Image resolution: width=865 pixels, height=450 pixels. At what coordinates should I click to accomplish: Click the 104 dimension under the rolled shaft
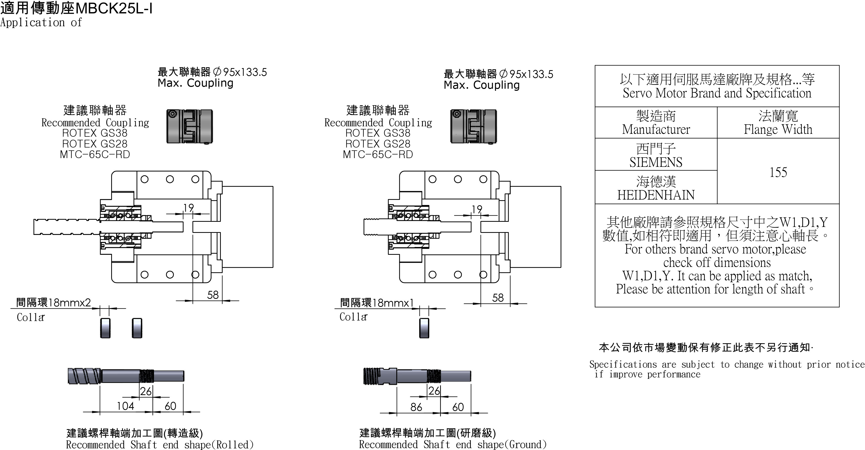pyautogui.click(x=125, y=406)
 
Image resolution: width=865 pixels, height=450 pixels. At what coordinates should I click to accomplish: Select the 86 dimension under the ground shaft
pyautogui.click(x=416, y=407)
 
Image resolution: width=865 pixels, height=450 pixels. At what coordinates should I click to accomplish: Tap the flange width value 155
pyautogui.click(x=778, y=173)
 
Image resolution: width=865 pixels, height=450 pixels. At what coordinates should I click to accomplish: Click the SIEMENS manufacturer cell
pyautogui.click(x=656, y=155)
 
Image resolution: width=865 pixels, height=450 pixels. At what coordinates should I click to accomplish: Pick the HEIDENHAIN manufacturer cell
pyautogui.click(x=656, y=188)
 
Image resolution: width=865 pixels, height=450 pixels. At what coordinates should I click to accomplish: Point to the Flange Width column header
pyautogui.click(x=778, y=123)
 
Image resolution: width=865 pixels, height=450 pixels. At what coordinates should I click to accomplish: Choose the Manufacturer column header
pyautogui.click(x=656, y=123)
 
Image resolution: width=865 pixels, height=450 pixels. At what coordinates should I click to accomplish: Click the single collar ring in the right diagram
pyautogui.click(x=424, y=328)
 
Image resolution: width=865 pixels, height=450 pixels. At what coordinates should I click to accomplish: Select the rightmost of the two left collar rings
pyautogui.click(x=137, y=328)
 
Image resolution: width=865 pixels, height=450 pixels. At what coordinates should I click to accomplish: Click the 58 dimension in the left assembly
pyautogui.click(x=213, y=295)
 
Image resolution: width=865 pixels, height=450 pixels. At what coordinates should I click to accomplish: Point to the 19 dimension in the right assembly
pyautogui.click(x=477, y=209)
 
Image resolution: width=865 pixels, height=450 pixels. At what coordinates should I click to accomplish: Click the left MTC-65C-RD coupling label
pyautogui.click(x=95, y=154)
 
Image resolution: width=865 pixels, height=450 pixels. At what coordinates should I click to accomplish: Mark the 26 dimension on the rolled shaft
pyautogui.click(x=146, y=391)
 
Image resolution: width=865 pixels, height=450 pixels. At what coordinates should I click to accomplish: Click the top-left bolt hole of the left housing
pyautogui.click(x=144, y=179)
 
